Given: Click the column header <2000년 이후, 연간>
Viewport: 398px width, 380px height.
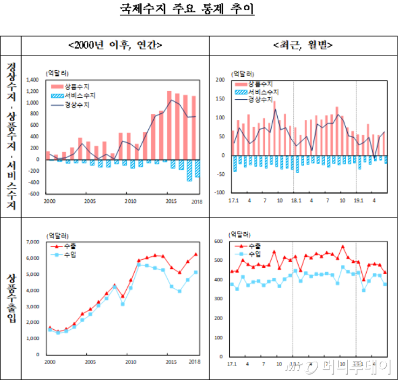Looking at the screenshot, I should (115, 45).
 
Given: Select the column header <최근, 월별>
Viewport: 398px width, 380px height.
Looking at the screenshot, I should (303, 45).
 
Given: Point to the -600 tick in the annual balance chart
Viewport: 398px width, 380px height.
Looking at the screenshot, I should (34, 194).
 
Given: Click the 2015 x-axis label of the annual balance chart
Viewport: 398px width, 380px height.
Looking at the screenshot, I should (170, 202).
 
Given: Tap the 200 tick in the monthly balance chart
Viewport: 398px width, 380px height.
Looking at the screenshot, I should (219, 80).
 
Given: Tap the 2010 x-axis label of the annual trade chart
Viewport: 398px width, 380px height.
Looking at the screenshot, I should (130, 362).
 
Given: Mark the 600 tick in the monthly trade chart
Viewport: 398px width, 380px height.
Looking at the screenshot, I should (219, 241).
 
